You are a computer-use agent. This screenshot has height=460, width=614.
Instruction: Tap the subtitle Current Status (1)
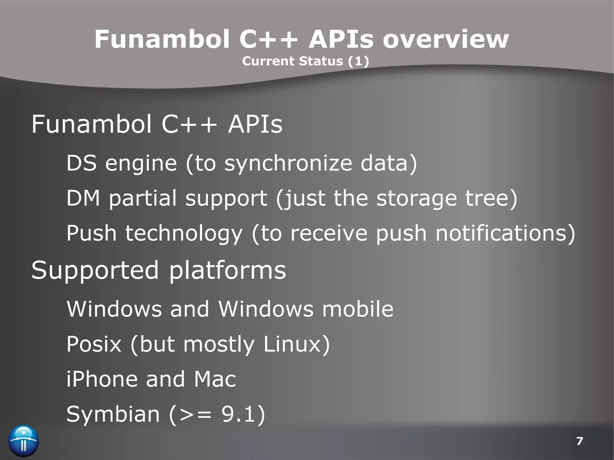point(305,61)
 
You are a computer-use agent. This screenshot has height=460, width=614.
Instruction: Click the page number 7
point(580,441)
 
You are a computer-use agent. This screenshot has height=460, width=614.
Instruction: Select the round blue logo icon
point(24,441)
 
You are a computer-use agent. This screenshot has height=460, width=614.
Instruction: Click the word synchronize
point(288,164)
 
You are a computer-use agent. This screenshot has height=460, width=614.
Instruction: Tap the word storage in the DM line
point(417,198)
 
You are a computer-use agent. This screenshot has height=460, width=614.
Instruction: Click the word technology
point(184,233)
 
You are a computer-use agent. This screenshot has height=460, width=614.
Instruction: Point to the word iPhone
point(102,379)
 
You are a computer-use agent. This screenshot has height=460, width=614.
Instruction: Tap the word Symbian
point(113,414)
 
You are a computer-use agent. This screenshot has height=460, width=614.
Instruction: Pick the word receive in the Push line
point(329,233)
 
